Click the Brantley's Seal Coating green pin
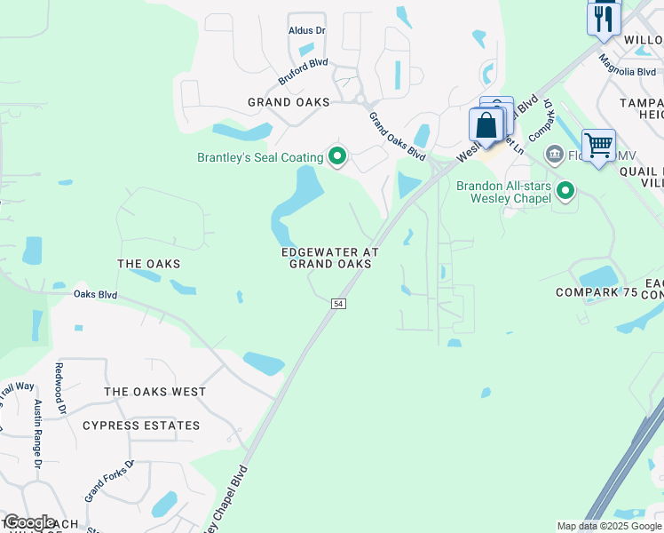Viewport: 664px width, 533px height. (337, 157)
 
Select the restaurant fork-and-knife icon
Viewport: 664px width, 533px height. (603, 19)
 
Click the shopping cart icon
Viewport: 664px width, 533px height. (599, 145)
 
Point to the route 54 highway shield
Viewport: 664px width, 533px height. (337, 304)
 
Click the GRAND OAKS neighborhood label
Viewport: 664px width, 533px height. (289, 103)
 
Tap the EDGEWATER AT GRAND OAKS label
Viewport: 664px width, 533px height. (325, 258)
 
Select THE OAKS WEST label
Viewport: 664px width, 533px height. (154, 392)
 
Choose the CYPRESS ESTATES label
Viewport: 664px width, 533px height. (141, 426)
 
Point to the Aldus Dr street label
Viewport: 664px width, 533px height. (307, 30)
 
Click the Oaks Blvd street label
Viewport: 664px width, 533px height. (96, 294)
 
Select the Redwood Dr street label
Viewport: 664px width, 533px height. (60, 389)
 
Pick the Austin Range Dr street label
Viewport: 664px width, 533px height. (38, 434)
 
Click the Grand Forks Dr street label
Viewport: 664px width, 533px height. (108, 480)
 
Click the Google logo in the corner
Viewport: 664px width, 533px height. (29, 522)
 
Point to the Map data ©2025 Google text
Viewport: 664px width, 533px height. (608, 526)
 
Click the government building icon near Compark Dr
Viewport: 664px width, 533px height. (555, 155)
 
